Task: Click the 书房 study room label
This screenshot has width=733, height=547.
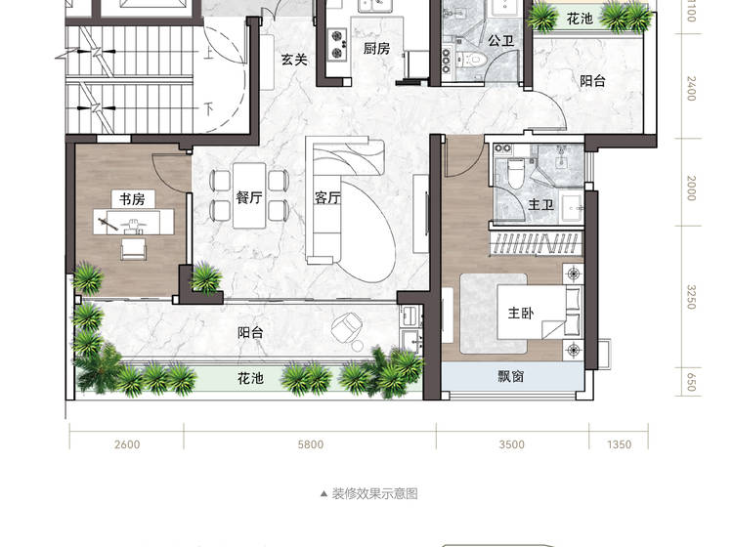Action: [x=132, y=199]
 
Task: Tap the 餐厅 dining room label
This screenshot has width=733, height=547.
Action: [x=248, y=197]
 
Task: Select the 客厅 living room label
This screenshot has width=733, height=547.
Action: [x=327, y=198]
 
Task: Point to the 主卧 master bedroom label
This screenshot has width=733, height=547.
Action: [x=521, y=313]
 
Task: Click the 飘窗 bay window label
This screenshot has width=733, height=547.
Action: [x=510, y=376]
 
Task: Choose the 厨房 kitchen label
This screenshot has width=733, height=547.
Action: [x=376, y=48]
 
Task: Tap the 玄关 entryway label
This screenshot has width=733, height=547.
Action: [x=294, y=60]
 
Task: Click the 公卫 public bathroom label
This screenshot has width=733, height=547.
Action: [x=501, y=41]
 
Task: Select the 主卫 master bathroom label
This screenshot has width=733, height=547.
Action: [x=540, y=204]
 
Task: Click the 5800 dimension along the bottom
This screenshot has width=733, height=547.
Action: [x=311, y=444]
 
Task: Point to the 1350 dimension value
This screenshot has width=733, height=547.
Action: [x=619, y=444]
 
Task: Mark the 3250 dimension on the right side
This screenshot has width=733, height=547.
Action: [x=691, y=297]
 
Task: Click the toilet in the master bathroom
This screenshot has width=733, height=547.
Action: [x=516, y=173]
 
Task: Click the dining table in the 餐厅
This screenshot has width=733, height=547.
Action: [x=249, y=195]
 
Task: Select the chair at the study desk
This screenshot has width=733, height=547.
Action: [x=133, y=248]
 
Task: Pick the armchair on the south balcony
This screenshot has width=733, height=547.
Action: [x=346, y=326]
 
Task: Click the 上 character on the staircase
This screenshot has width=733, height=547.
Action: [x=208, y=52]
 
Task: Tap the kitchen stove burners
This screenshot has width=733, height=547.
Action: [x=337, y=44]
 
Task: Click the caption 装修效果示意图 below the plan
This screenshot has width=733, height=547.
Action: [x=375, y=493]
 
